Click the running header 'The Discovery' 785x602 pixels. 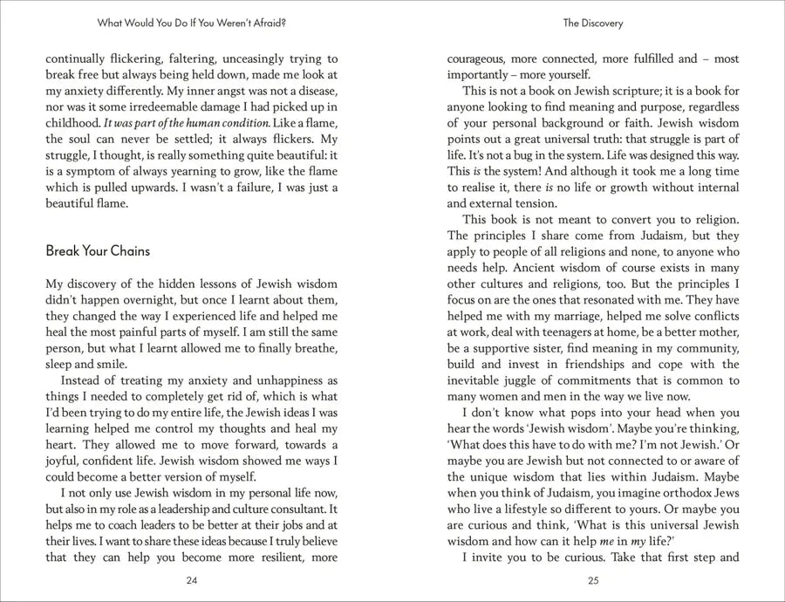(593, 24)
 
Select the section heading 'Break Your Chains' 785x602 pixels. (98, 251)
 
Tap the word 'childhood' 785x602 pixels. (72, 123)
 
